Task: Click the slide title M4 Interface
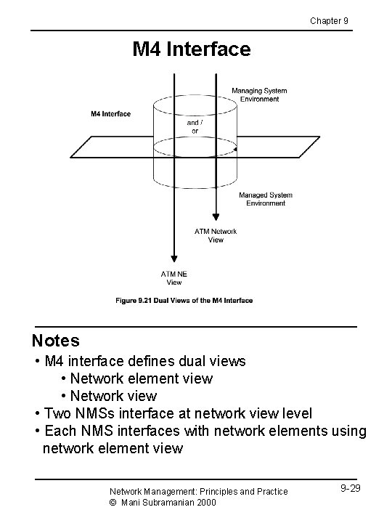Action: pos(191,49)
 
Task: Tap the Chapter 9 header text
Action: pos(330,20)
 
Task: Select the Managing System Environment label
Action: pos(259,95)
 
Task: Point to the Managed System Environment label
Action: pos(266,199)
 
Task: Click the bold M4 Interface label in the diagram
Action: pos(110,113)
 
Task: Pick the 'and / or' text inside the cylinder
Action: pos(195,126)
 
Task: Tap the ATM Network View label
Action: pos(216,235)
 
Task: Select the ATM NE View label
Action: pos(174,277)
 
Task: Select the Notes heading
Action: pos(56,340)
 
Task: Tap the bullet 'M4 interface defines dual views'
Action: pos(144,361)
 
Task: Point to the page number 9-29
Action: pos(349,488)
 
